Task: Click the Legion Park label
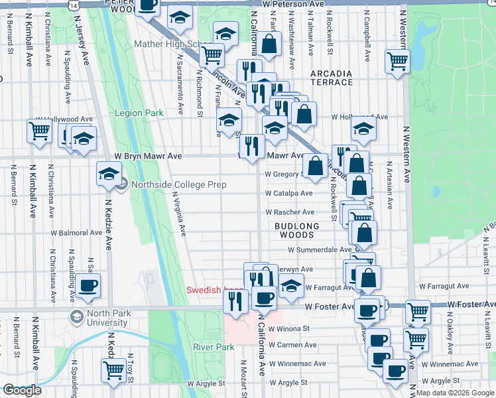click(x=139, y=113)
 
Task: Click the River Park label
click(x=214, y=347)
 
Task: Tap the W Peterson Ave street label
click(x=292, y=4)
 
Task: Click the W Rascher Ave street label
click(x=290, y=212)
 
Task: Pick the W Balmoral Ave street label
click(x=78, y=233)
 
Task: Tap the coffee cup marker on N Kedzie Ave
click(x=88, y=285)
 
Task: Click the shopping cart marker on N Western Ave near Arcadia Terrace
click(x=397, y=61)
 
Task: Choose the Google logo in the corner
click(x=23, y=390)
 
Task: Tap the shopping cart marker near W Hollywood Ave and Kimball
click(x=38, y=131)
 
